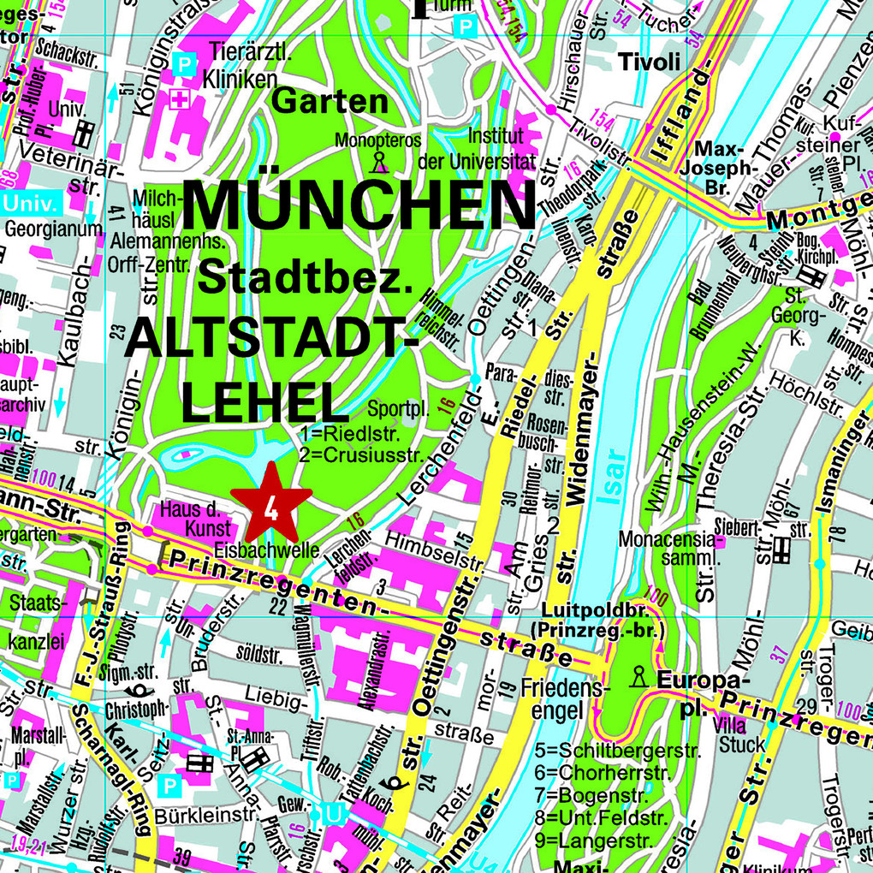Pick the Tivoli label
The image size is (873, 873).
649,62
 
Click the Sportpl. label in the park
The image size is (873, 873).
399,409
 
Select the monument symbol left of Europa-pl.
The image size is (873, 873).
638,677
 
